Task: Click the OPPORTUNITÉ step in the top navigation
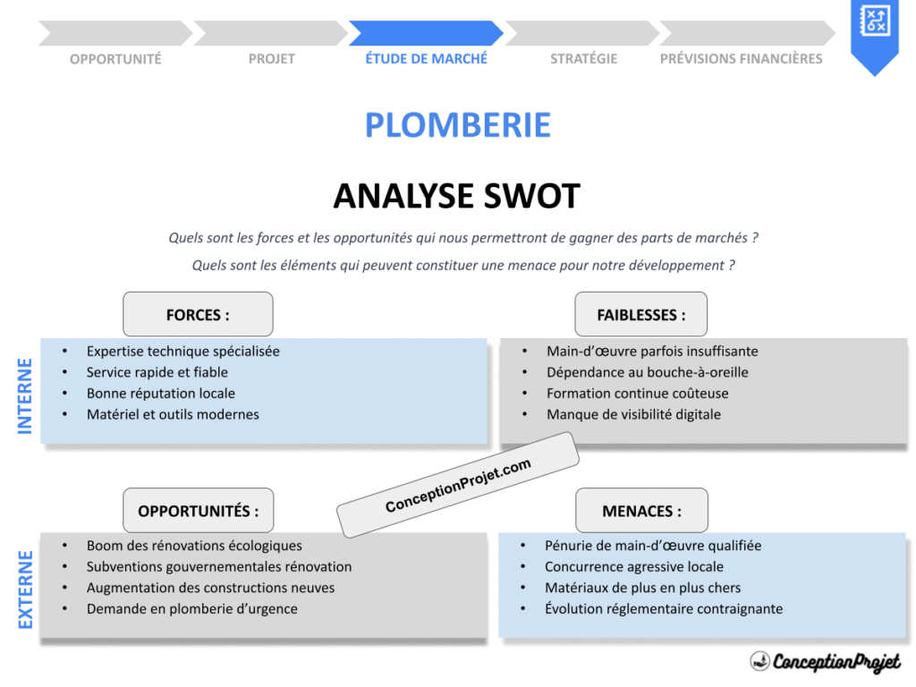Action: click(x=115, y=59)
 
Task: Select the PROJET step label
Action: click(x=271, y=59)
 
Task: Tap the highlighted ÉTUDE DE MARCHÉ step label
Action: click(x=426, y=58)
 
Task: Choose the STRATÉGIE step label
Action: click(x=583, y=59)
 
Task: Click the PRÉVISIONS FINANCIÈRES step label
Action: click(x=741, y=59)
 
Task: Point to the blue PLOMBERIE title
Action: click(x=457, y=124)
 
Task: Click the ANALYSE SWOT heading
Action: click(x=456, y=196)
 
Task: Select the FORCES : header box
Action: click(x=198, y=314)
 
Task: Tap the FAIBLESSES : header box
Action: click(x=640, y=314)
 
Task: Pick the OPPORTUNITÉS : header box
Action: click(x=198, y=511)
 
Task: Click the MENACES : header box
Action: click(x=640, y=511)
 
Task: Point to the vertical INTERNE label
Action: click(x=25, y=396)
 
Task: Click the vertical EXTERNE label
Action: click(x=25, y=589)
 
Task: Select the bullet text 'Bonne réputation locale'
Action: click(x=161, y=394)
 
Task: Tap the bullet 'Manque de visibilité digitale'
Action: click(x=633, y=414)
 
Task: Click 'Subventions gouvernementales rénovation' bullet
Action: click(x=219, y=566)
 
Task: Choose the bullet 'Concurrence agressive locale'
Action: click(x=633, y=566)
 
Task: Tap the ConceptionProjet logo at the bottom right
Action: click(x=825, y=661)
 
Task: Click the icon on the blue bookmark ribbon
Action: click(x=873, y=21)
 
